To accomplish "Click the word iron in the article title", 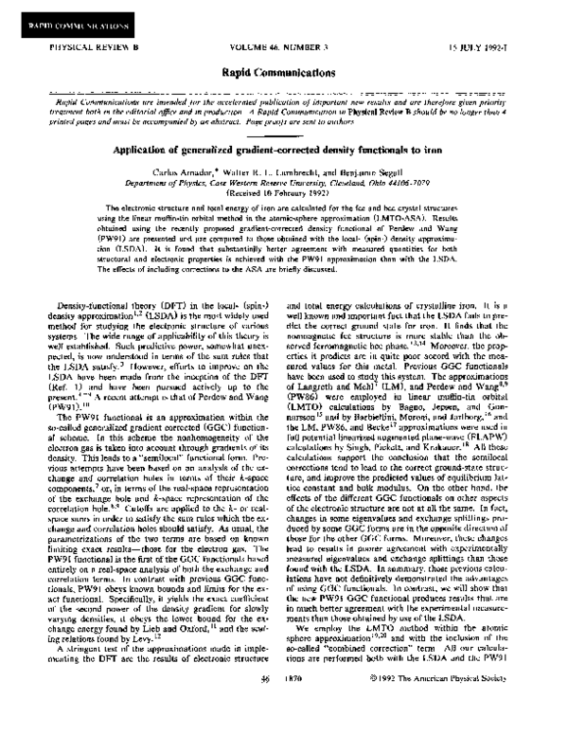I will [x=448, y=150].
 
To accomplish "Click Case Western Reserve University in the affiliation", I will [x=284, y=187].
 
